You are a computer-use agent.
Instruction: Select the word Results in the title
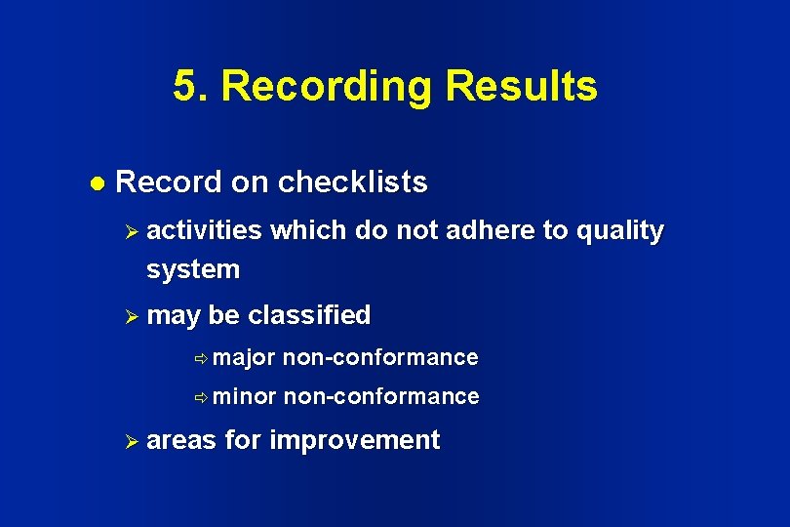coord(521,86)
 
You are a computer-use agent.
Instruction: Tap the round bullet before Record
coord(96,183)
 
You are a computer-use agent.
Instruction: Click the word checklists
coord(352,182)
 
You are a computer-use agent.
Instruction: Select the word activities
coord(205,230)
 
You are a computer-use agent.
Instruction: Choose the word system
coord(193,268)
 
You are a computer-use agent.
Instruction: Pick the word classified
coord(309,315)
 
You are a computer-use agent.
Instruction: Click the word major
coord(244,358)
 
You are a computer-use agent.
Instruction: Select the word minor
coord(245,396)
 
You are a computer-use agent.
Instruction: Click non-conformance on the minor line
coord(381,396)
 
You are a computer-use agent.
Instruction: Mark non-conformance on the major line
coord(380,357)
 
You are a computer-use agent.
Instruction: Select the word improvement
coord(354,440)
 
